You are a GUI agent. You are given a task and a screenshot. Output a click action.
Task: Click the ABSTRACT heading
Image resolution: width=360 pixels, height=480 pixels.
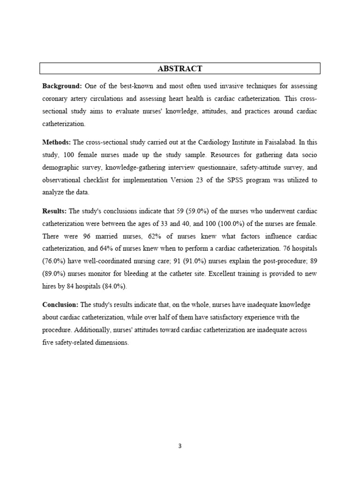pyautogui.click(x=180, y=68)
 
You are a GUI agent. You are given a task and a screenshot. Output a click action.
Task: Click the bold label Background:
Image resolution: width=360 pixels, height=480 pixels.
pyautogui.click(x=62, y=86)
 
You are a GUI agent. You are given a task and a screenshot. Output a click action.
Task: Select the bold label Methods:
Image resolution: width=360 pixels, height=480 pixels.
pyautogui.click(x=57, y=142)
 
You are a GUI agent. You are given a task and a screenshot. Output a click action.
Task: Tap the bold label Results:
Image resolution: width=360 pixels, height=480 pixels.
pyautogui.click(x=55, y=211)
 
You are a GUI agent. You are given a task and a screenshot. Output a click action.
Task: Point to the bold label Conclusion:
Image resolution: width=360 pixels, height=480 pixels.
pyautogui.click(x=61, y=305)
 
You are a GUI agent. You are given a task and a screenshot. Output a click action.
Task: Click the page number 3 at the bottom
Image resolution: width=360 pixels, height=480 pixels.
pyautogui.click(x=180, y=446)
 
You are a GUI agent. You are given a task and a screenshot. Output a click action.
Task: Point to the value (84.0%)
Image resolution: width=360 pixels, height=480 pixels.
pyautogui.click(x=114, y=286)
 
